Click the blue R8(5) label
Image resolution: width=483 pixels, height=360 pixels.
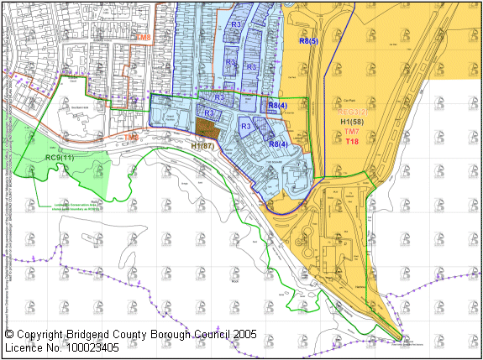pos(309,41)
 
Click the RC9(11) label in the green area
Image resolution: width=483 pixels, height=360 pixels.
pos(60,158)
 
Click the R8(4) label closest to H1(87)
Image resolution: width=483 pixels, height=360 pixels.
pos(279,144)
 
